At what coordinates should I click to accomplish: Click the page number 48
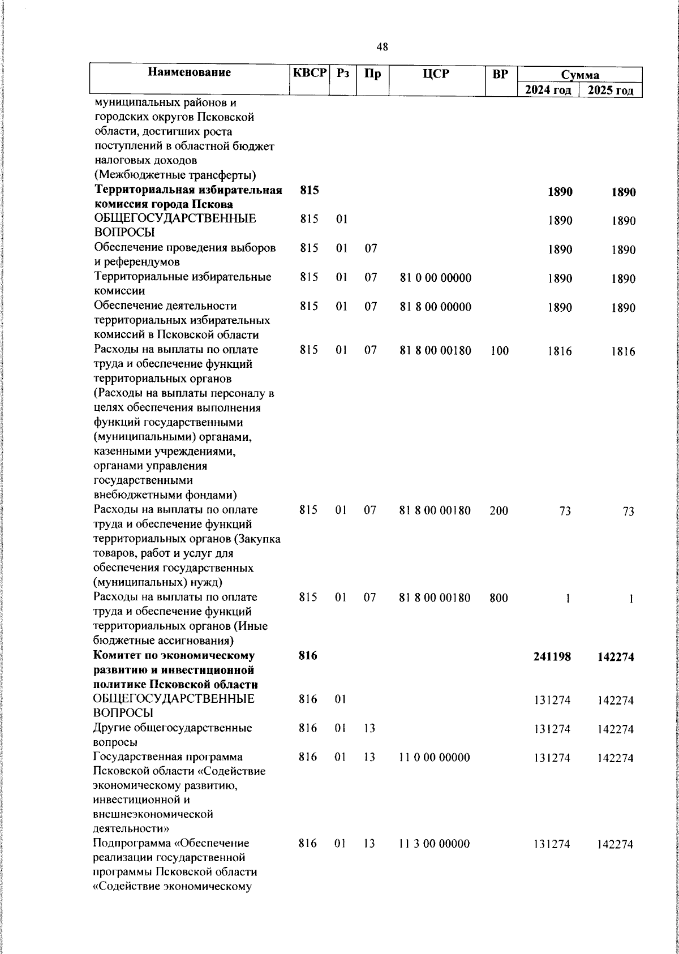point(382,47)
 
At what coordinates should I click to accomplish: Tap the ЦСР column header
point(436,72)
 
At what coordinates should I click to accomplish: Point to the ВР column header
point(500,73)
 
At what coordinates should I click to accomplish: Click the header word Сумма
point(580,75)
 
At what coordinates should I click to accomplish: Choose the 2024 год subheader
point(548,91)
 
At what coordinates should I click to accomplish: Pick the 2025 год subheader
point(610,91)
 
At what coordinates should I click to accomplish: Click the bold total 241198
point(552,656)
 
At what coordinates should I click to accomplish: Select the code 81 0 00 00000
point(435,278)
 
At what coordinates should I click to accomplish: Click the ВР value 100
point(500,351)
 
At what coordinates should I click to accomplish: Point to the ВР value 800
point(499,598)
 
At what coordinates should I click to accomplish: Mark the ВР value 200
point(499,511)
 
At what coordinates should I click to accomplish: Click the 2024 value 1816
point(560,351)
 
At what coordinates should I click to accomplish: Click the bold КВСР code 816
point(308,656)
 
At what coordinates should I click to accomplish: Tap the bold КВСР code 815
point(309,191)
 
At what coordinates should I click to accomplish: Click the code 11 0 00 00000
point(434,757)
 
